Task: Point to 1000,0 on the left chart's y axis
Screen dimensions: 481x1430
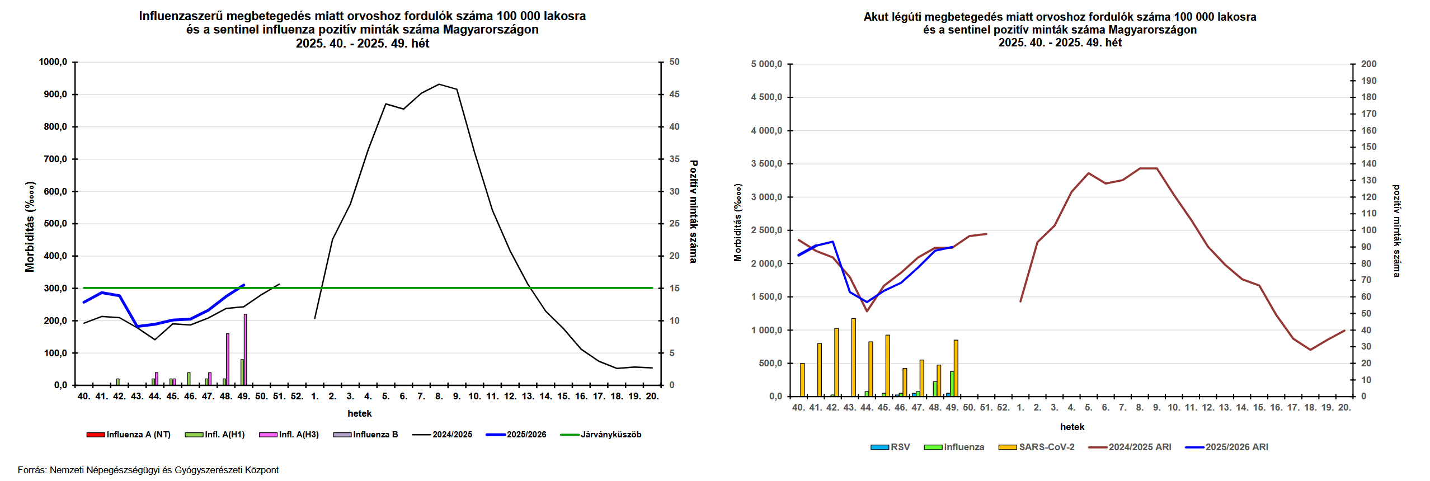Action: click(53, 62)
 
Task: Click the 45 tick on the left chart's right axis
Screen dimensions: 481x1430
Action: click(674, 95)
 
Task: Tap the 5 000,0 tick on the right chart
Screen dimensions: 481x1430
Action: click(766, 64)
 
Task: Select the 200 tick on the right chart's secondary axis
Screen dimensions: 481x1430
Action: click(1368, 64)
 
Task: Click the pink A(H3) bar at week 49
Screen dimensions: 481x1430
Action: click(245, 350)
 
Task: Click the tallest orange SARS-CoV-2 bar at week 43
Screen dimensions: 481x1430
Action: click(854, 358)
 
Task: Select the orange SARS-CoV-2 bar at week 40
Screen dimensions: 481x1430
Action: click(802, 380)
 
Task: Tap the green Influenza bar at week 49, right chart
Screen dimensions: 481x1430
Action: click(952, 384)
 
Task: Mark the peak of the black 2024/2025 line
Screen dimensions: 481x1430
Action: click(439, 84)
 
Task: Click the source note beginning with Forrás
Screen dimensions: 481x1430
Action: click(148, 470)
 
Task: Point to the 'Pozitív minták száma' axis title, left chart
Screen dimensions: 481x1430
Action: click(694, 211)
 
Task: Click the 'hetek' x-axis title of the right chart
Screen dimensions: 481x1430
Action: click(1072, 427)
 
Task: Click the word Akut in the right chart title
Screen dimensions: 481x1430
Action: click(876, 17)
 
